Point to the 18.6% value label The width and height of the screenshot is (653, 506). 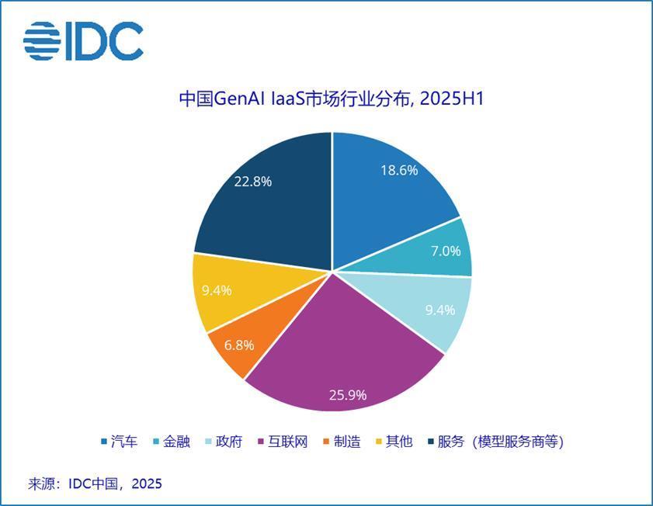399,170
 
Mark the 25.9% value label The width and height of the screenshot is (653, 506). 347,394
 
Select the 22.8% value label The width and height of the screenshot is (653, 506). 252,182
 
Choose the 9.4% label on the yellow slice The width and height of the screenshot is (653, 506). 217,290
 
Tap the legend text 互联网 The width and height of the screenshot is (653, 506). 288,442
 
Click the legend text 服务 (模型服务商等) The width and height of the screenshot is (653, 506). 500,442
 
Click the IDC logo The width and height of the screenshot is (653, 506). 83,41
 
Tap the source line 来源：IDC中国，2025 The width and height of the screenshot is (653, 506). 95,483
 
